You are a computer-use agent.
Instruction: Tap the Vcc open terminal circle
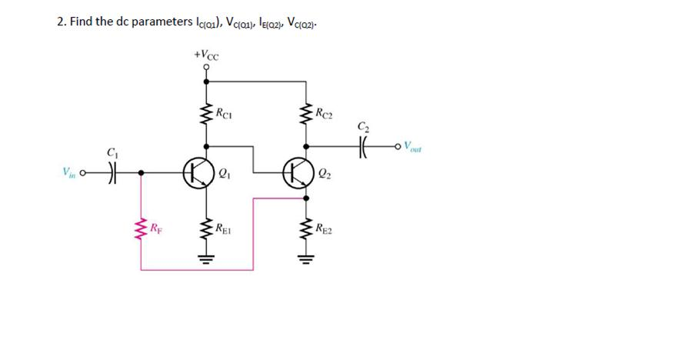tap(206, 67)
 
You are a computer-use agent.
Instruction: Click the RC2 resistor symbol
tap(306, 118)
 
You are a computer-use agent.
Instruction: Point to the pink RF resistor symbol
tap(141, 228)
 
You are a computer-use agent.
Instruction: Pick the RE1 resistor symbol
tap(206, 228)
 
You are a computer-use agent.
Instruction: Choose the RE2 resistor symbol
tap(306, 228)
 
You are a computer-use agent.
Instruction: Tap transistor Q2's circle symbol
tap(296, 172)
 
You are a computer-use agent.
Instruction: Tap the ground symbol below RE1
tap(206, 259)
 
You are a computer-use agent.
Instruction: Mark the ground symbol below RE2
tap(306, 259)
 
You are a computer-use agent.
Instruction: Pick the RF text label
tap(157, 228)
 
